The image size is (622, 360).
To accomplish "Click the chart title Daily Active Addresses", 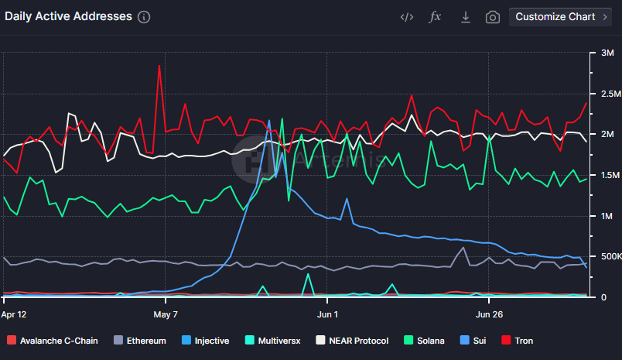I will click(x=68, y=16).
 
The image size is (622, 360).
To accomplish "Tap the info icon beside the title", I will click(x=144, y=17).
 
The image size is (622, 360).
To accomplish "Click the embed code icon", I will click(x=407, y=17).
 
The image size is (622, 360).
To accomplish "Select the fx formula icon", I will click(x=436, y=17).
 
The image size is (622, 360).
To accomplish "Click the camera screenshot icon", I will click(x=492, y=17).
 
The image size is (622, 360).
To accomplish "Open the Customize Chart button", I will click(x=560, y=17).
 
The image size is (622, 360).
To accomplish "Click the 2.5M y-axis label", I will click(x=603, y=94).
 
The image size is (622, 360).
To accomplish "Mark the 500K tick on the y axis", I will click(x=603, y=256).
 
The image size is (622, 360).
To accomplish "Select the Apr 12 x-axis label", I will click(x=14, y=314).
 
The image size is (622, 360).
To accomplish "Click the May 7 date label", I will click(x=166, y=314).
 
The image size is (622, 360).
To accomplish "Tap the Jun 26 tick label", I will click(x=488, y=314).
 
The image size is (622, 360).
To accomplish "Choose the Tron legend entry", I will click(x=518, y=341).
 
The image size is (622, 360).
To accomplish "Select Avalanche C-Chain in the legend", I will click(x=53, y=341).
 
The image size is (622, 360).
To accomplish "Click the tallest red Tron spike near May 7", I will click(x=159, y=66).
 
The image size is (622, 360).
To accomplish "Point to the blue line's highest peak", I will click(x=268, y=121).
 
